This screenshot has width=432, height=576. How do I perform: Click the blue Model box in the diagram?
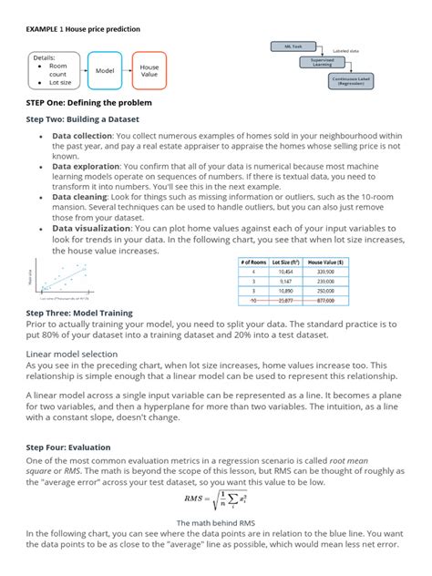[106, 69]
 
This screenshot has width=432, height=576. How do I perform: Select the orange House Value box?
[149, 69]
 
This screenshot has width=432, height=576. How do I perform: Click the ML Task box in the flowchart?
[294, 45]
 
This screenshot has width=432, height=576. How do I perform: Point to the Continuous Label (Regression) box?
[357, 81]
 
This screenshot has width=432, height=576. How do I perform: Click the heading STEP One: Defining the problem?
[87, 102]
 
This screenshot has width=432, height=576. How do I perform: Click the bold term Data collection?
[82, 135]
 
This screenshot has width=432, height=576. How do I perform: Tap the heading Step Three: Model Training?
[79, 313]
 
